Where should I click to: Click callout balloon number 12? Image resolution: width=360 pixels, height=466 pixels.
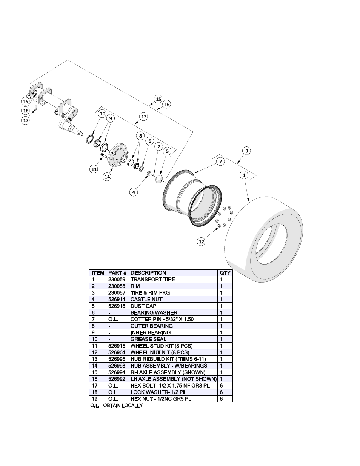pyautogui.click(x=202, y=241)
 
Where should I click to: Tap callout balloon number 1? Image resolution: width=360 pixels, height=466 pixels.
pyautogui.click(x=244, y=175)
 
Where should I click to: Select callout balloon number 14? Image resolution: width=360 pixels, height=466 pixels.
pyautogui.click(x=107, y=176)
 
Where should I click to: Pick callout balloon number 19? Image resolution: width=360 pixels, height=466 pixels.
pyautogui.click(x=25, y=101)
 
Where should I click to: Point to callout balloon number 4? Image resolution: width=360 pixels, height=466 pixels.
pyautogui.click(x=134, y=192)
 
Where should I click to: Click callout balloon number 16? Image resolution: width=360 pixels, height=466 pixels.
pyautogui.click(x=167, y=104)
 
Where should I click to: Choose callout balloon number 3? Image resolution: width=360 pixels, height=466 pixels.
pyautogui.click(x=246, y=151)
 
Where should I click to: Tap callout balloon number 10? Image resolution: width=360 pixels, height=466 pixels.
pyautogui.click(x=102, y=114)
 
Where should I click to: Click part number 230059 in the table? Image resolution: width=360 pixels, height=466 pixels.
pyautogui.click(x=115, y=280)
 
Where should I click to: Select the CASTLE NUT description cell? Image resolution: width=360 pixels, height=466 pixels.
pyautogui.click(x=146, y=300)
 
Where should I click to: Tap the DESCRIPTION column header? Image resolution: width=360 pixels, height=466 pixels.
pyautogui.click(x=148, y=273)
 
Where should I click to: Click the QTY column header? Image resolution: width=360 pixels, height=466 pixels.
pyautogui.click(x=225, y=273)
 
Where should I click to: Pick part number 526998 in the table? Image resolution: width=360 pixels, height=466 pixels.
pyautogui.click(x=115, y=366)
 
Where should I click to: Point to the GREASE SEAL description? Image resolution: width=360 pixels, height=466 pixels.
pyautogui.click(x=148, y=339)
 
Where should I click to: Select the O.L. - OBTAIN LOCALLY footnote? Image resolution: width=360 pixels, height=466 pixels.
pyautogui.click(x=117, y=406)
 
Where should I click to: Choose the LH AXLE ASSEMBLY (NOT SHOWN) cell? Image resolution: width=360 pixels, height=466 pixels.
pyautogui.click(x=173, y=379)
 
